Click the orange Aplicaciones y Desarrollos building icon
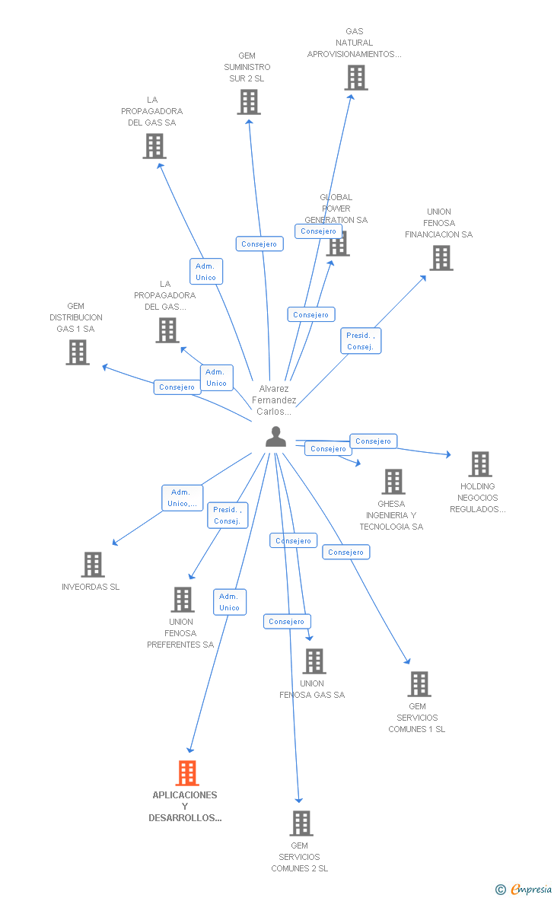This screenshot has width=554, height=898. pyautogui.click(x=187, y=773)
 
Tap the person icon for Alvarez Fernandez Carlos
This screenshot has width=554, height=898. pyautogui.click(x=275, y=437)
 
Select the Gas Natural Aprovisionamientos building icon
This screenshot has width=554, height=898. pyautogui.click(x=355, y=78)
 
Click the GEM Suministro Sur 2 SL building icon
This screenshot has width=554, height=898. pyautogui.click(x=249, y=102)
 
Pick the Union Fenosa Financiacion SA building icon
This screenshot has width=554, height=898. pyautogui.click(x=441, y=258)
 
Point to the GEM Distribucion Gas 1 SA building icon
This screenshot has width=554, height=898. pyautogui.click(x=78, y=352)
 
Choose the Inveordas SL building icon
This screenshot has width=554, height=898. pyautogui.click(x=93, y=565)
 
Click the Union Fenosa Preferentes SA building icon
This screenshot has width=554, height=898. pyautogui.click(x=183, y=600)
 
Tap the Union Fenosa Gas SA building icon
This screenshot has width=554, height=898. pyautogui.click(x=314, y=661)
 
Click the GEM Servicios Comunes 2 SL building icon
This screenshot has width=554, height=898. pyautogui.click(x=301, y=823)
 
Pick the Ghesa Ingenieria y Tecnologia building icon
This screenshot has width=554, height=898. pyautogui.click(x=393, y=482)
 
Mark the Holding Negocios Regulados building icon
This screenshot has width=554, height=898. pyautogui.click(x=480, y=464)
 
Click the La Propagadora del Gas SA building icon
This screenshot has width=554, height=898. pyautogui.click(x=154, y=146)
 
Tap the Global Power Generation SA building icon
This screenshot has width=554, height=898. pyautogui.click(x=338, y=244)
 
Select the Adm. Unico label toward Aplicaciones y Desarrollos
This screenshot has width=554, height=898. pyautogui.click(x=229, y=602)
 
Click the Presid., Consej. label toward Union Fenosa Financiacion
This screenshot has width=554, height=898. pyautogui.click(x=361, y=341)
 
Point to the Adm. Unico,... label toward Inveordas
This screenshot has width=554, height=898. pyautogui.click(x=183, y=498)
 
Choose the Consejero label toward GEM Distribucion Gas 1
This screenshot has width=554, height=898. pyautogui.click(x=177, y=387)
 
